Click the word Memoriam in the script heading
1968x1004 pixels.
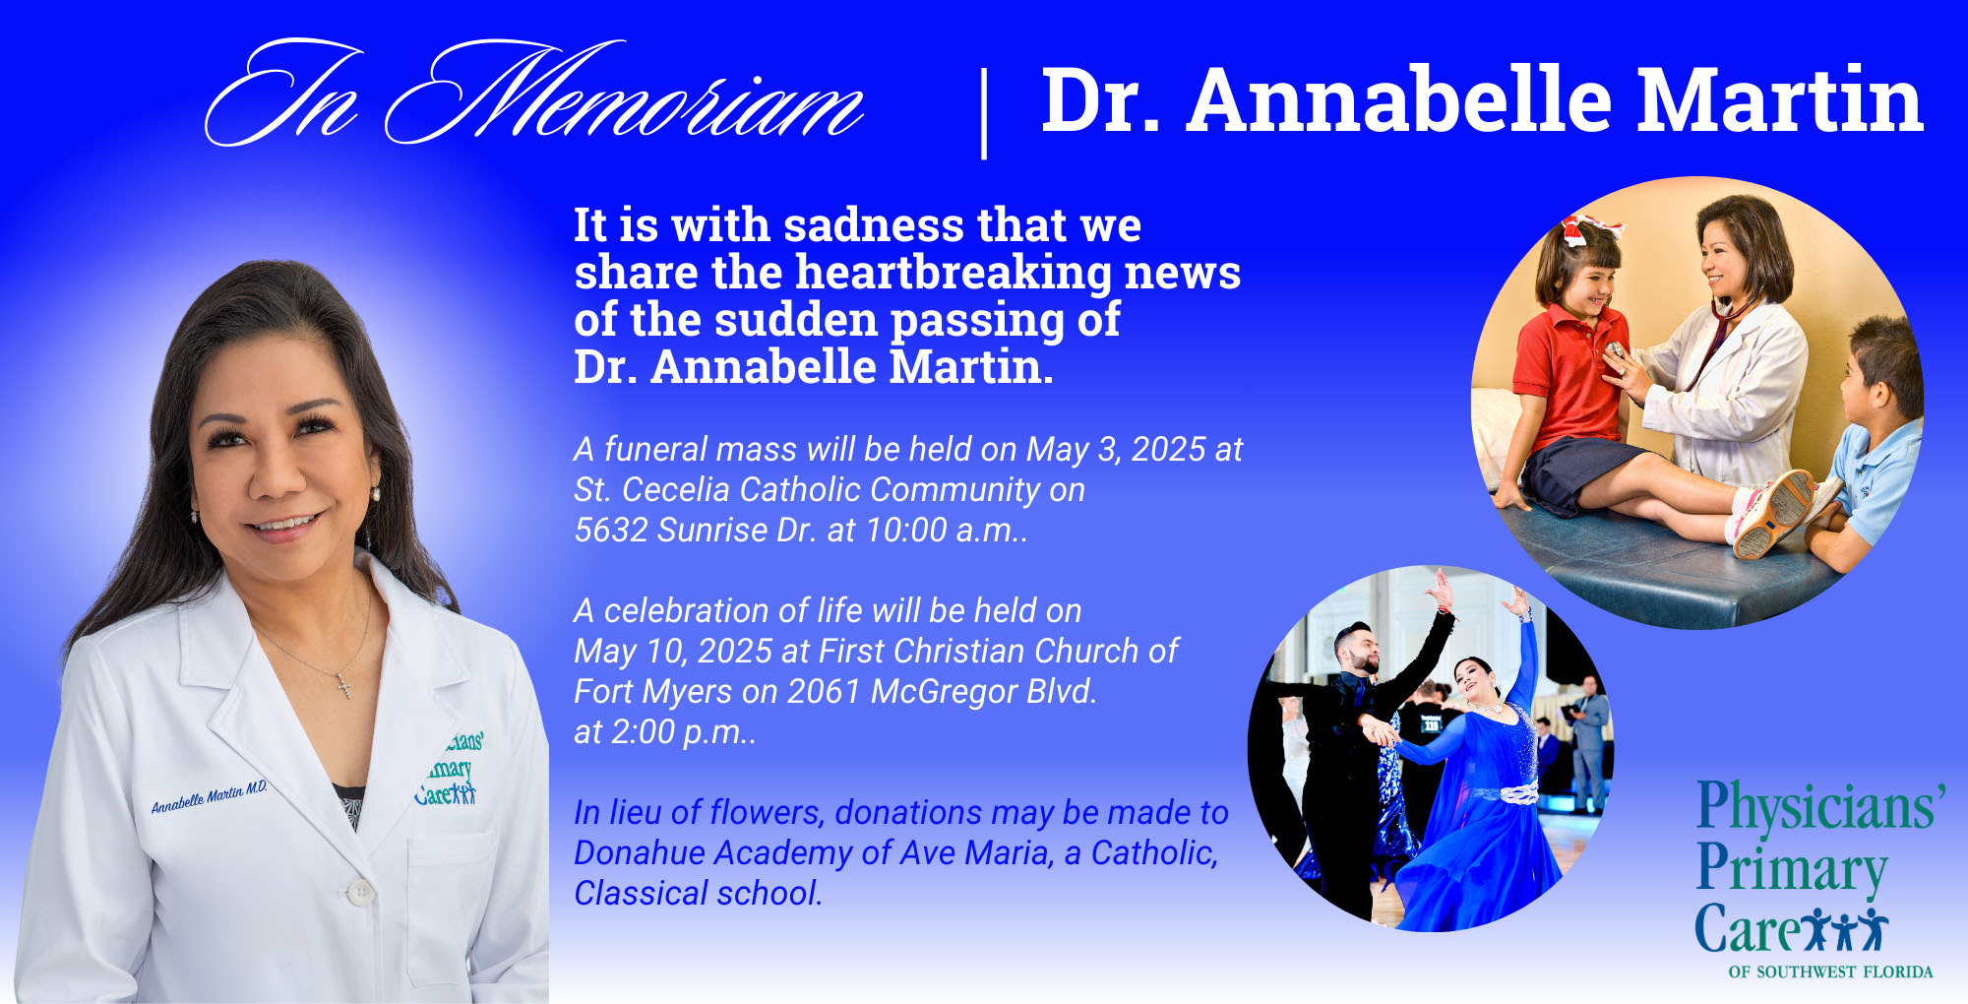625,94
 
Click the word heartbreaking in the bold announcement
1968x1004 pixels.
953,274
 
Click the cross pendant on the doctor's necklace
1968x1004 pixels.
345,684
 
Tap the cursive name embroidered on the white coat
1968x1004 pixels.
209,797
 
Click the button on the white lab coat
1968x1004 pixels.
361,892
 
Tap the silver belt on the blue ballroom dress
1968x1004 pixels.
1506,791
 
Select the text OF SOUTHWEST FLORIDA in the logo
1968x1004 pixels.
1830,972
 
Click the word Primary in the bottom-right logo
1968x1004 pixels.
1791,868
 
